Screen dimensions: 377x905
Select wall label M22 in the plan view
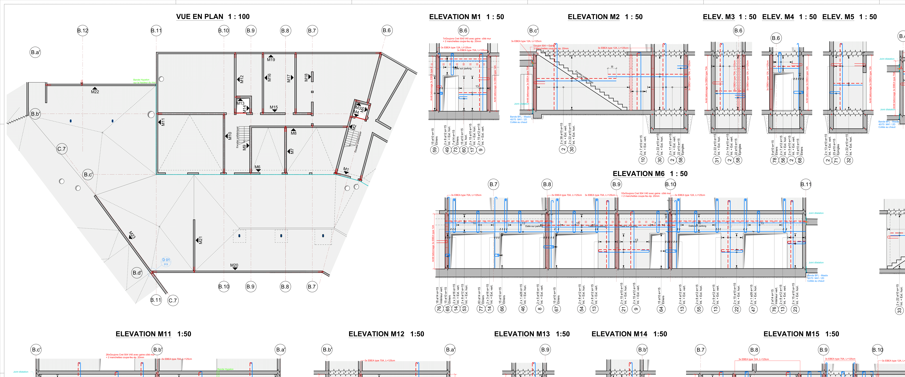pos(95,92)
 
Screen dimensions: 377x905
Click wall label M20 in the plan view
pos(234,265)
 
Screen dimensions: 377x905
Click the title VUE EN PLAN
pos(200,17)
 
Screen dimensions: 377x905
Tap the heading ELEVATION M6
pos(638,174)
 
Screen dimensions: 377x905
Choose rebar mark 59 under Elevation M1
pos(435,150)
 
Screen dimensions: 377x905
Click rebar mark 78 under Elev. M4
pos(774,160)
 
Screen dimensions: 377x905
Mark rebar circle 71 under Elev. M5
pos(836,160)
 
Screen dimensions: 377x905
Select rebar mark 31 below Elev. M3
pos(717,160)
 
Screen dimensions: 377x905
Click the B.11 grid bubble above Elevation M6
pos(806,184)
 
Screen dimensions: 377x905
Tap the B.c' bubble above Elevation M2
pos(533,31)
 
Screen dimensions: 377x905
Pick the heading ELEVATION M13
pos(522,334)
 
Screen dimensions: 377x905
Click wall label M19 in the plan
pos(271,59)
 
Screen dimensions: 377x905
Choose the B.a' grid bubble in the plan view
pos(35,52)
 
